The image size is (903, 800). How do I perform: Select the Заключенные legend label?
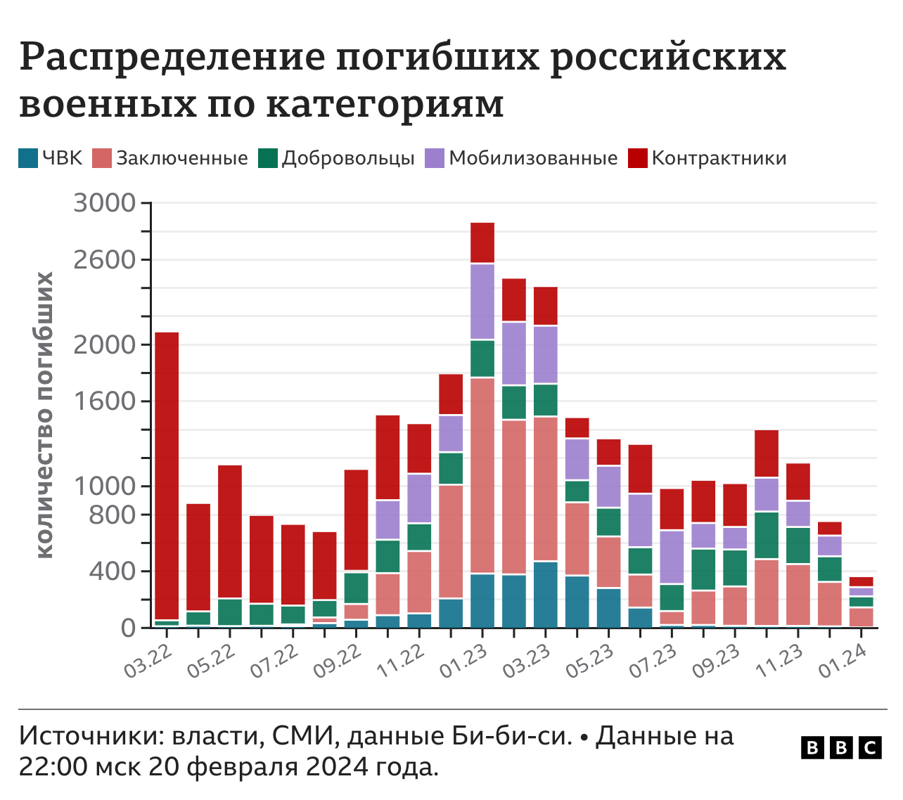pos(181,158)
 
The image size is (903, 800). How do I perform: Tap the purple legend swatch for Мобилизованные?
pos(434,158)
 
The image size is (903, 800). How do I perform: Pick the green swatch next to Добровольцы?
pos(268,158)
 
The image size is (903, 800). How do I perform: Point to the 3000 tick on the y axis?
pos(104,203)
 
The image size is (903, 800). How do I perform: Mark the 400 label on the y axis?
pos(111,571)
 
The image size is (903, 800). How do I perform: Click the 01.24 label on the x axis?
pos(842,662)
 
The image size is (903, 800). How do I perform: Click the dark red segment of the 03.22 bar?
pos(167,475)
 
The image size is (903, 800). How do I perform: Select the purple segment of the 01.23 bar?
pos(482,302)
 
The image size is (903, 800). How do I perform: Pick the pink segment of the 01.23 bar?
pos(482,475)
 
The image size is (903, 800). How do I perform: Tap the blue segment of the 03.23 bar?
pos(546,594)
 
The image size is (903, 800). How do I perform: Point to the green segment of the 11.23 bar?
pos(798,546)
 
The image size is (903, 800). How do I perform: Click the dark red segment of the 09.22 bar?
pos(356,520)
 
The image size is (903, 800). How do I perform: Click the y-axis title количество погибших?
pos(45,415)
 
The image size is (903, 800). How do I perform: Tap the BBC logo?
pos(841,748)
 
